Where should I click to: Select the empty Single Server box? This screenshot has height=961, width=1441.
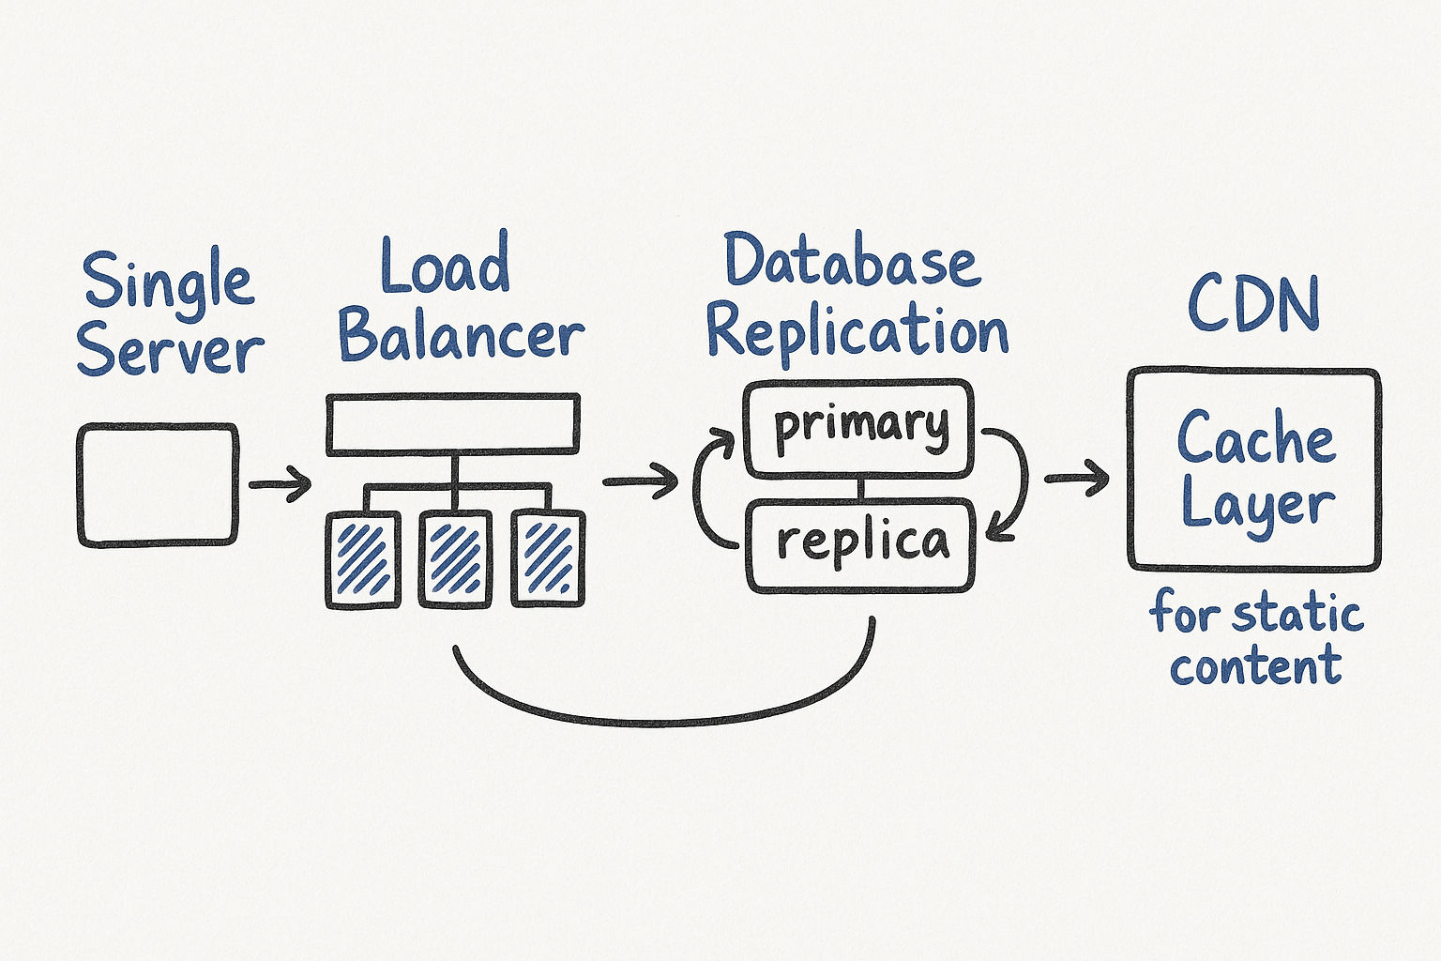pyautogui.click(x=158, y=485)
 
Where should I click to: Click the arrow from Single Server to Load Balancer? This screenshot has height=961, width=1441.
pyautogui.click(x=280, y=485)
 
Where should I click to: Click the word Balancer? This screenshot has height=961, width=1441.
pyautogui.click(x=461, y=335)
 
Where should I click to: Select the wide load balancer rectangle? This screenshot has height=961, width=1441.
pyautogui.click(x=452, y=425)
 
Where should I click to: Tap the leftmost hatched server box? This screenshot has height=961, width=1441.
pyautogui.click(x=362, y=559)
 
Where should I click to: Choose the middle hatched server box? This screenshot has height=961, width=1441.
pyautogui.click(x=455, y=559)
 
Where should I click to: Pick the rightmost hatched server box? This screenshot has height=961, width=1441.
pyautogui.click(x=548, y=559)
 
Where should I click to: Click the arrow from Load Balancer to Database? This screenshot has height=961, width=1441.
pyautogui.click(x=640, y=481)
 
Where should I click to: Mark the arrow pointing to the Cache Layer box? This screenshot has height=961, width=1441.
pyautogui.click(x=1076, y=478)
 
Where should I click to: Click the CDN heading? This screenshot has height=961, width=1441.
pyautogui.click(x=1253, y=305)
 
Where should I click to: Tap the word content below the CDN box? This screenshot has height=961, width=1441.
pyautogui.click(x=1255, y=666)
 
